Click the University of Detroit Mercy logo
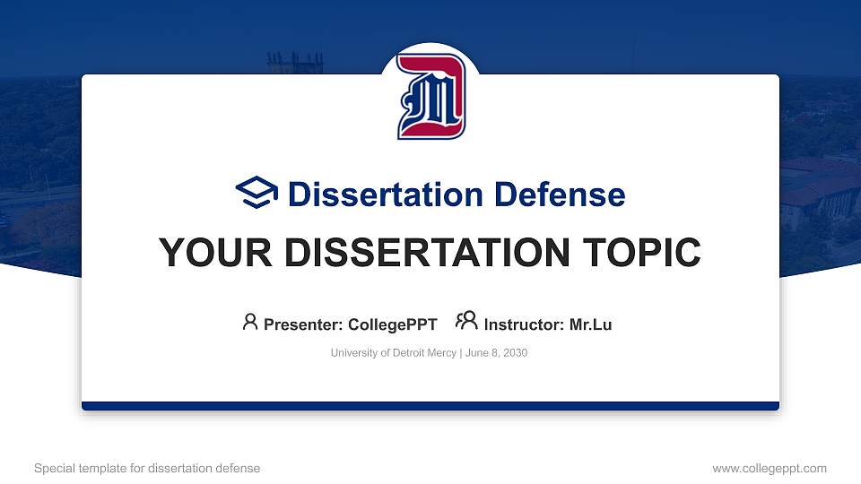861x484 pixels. (x=430, y=97)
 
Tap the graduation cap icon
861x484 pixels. (x=257, y=194)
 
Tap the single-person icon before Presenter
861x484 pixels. (x=250, y=322)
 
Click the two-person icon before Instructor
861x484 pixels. (x=465, y=321)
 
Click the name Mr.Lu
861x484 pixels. (x=590, y=324)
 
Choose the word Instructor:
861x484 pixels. (x=525, y=324)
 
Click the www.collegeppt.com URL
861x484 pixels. (x=769, y=468)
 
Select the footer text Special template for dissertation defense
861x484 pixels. (x=147, y=468)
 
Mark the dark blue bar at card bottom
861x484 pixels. (x=430, y=406)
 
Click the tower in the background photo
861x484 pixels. (x=294, y=64)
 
